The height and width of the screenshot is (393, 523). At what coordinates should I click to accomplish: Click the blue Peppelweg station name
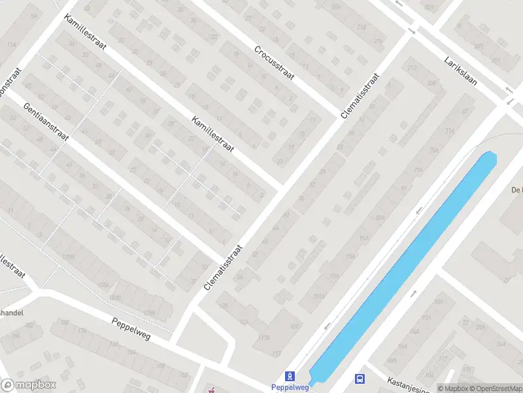(x=289, y=387)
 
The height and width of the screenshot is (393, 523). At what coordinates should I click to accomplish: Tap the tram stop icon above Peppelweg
(x=289, y=376)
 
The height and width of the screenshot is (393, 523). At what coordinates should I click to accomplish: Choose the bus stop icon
(x=360, y=378)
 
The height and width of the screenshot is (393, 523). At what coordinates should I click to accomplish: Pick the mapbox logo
(x=29, y=385)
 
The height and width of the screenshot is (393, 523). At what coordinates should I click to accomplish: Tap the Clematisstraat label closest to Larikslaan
(x=360, y=96)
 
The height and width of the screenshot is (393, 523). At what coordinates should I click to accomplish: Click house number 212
(x=412, y=67)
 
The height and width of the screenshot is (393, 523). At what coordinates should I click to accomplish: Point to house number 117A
(x=263, y=338)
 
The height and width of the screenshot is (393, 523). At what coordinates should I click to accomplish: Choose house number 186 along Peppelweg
(x=63, y=323)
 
